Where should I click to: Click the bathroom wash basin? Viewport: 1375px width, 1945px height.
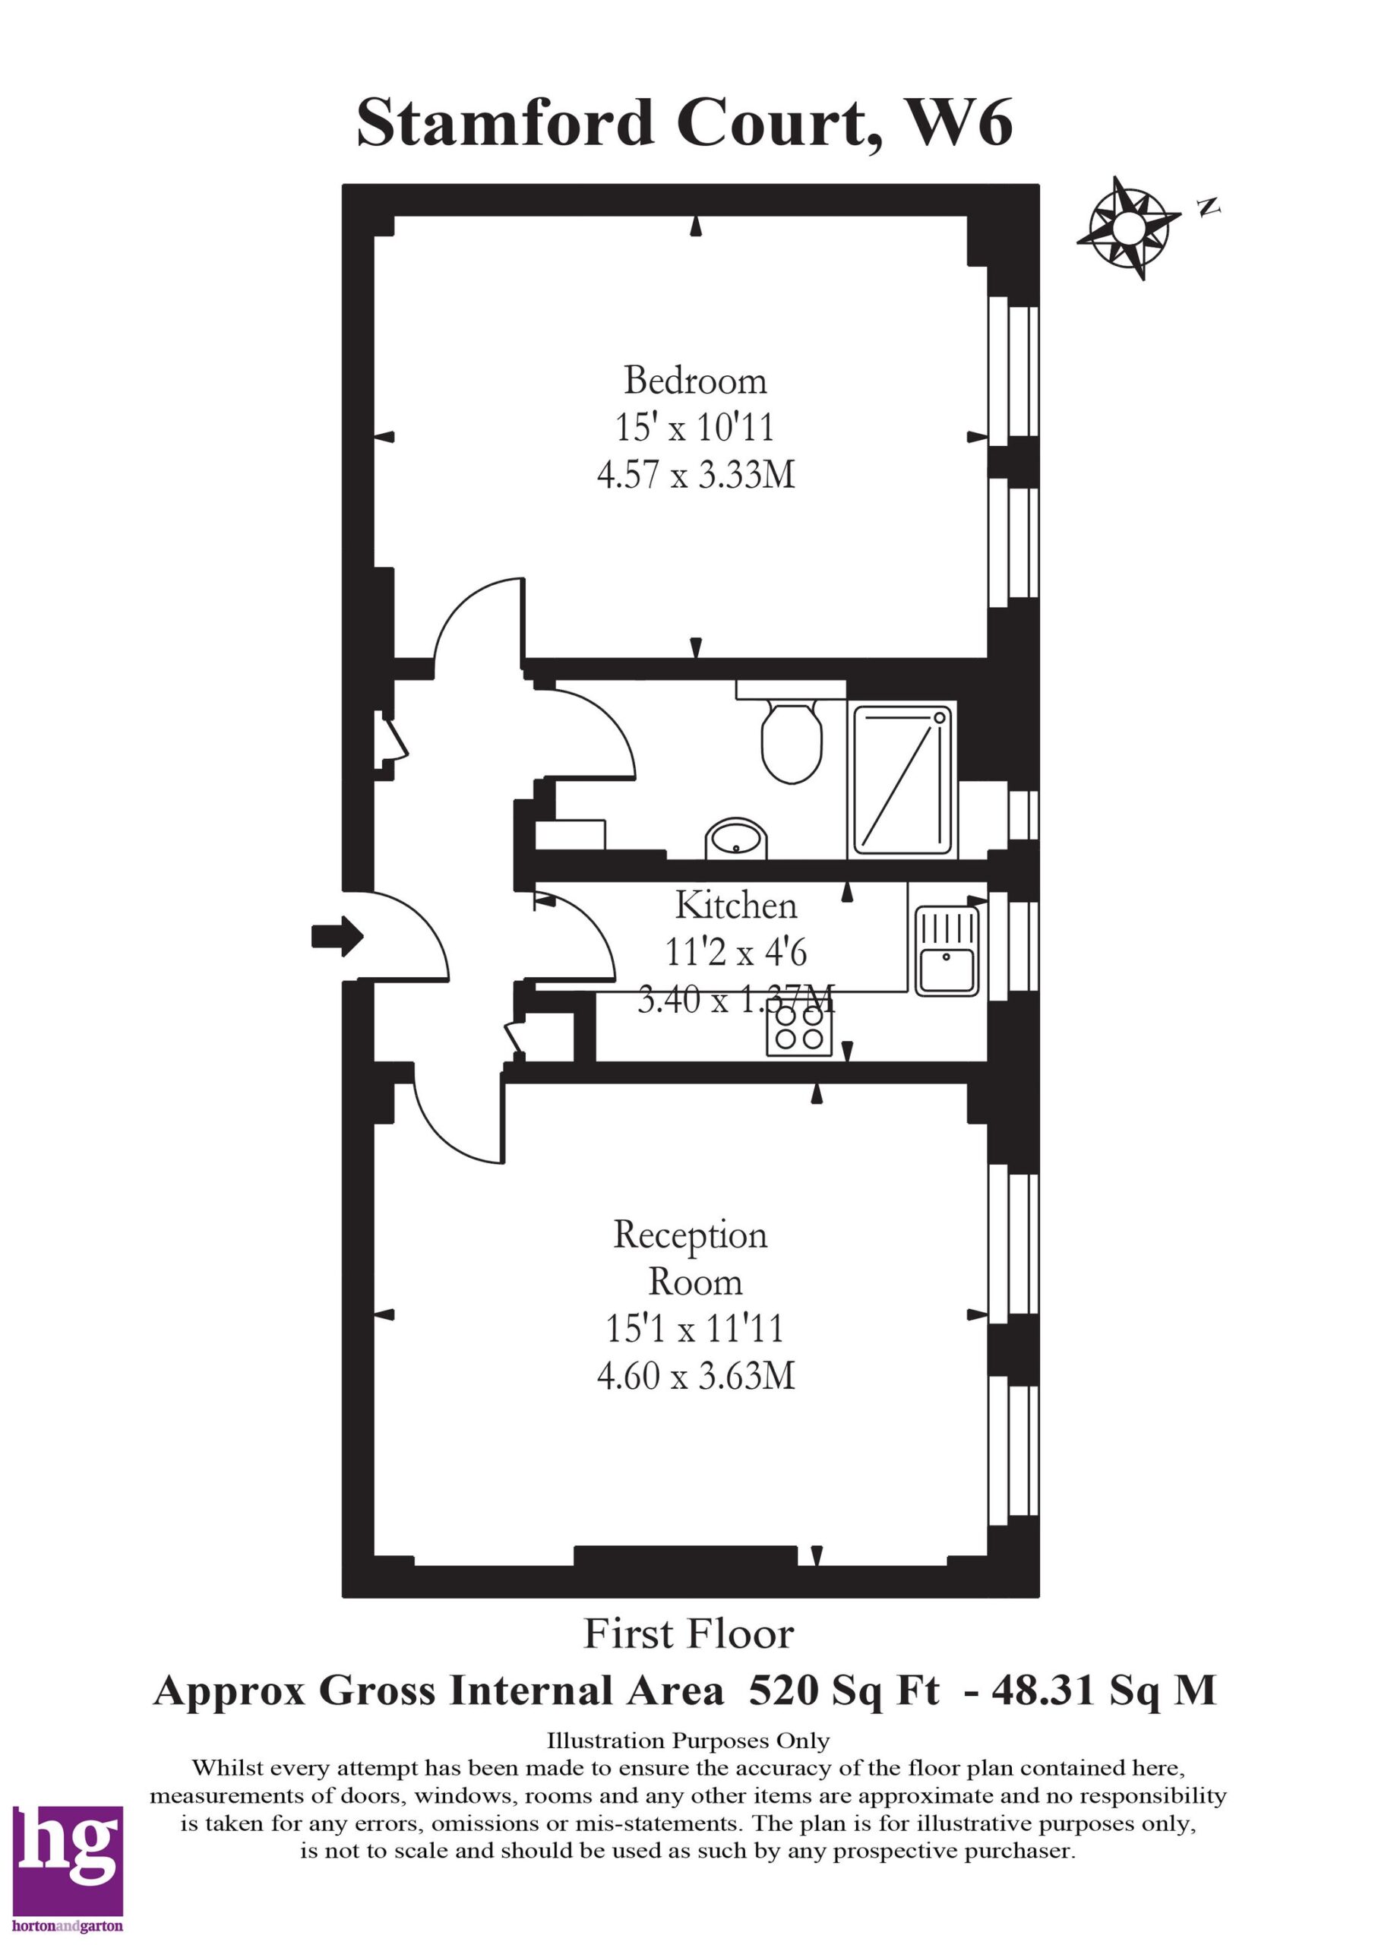737,839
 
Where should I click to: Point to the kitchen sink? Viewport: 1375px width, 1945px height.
947,950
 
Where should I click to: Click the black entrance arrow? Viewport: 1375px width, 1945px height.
337,936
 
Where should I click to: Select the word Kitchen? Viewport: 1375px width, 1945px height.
736,906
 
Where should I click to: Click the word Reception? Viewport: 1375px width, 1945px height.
691,1236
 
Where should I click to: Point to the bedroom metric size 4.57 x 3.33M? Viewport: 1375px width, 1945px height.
697,474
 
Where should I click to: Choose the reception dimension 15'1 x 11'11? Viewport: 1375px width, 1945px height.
694,1328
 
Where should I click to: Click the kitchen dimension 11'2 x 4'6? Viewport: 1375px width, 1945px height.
736,953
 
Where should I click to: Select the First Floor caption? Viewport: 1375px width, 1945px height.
689,1634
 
